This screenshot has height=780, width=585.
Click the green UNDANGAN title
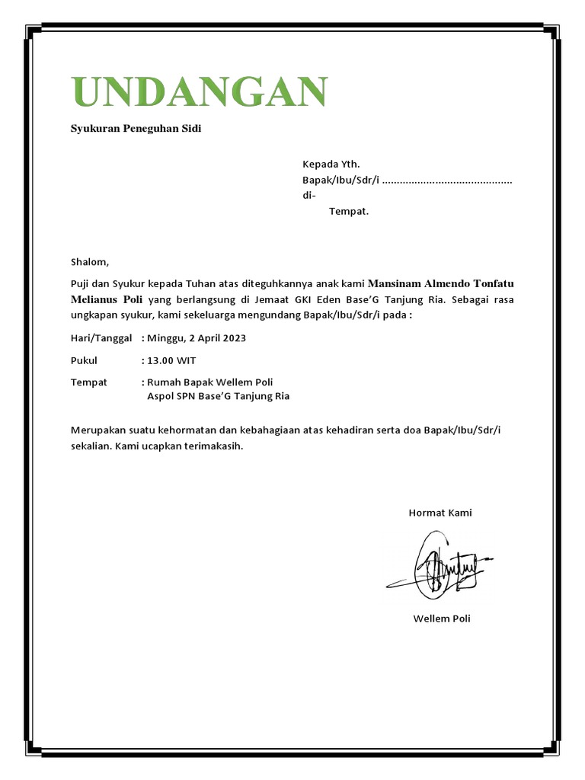click(x=199, y=93)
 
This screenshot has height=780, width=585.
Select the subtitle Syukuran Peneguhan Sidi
click(x=136, y=129)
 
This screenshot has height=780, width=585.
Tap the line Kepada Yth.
click(x=331, y=164)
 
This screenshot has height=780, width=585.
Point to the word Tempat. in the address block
click(x=348, y=211)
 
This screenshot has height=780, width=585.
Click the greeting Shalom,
click(x=90, y=262)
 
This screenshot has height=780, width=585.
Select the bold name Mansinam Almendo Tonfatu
click(x=446, y=283)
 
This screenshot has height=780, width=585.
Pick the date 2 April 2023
click(x=217, y=337)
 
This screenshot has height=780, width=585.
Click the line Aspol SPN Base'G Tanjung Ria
click(x=218, y=396)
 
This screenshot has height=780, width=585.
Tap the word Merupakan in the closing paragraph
click(x=97, y=431)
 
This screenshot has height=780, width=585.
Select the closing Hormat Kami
click(x=440, y=513)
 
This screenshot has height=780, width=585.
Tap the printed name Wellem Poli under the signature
click(x=442, y=619)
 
